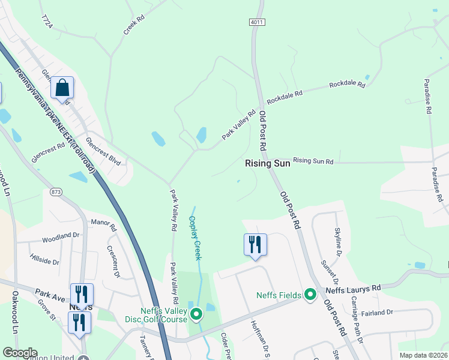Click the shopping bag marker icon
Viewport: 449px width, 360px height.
pyautogui.click(x=62, y=89)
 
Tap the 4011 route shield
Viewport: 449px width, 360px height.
pyautogui.click(x=256, y=22)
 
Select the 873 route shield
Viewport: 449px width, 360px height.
pyautogui.click(x=56, y=192)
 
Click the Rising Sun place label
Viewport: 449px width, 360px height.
pyautogui.click(x=268, y=163)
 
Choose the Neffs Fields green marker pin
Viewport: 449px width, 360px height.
pyautogui.click(x=310, y=294)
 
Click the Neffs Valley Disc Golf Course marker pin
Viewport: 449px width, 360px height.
pyautogui.click(x=196, y=314)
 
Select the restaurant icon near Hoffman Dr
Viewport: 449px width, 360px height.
pyautogui.click(x=255, y=245)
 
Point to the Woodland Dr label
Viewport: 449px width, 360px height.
pyautogui.click(x=61, y=237)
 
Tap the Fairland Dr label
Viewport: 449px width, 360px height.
pyautogui.click(x=378, y=312)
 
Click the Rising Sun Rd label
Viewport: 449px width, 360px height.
pyautogui.click(x=313, y=161)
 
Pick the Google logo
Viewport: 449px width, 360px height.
pyautogui.click(x=20, y=353)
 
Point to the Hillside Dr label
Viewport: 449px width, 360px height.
pyautogui.click(x=45, y=262)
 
